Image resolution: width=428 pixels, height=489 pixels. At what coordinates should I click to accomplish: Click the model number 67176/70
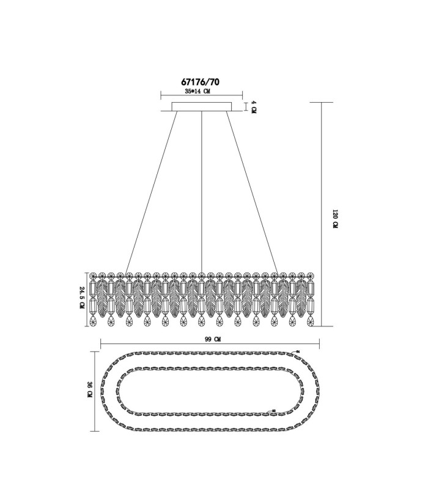coord(201,82)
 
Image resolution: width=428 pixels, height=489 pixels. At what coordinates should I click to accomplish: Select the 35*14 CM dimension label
coord(197,91)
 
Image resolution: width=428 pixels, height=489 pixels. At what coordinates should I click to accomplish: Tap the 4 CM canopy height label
coord(253,107)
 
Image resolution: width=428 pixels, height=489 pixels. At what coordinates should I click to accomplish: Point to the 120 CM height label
coord(335,219)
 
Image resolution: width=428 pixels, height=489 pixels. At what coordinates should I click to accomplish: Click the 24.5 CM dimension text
coord(83,298)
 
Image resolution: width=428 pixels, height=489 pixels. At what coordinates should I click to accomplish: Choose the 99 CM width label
coord(213,340)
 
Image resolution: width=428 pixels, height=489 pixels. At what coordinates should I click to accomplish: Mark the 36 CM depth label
coord(90,389)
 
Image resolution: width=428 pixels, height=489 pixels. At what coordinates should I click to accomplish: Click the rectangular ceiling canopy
coord(202,106)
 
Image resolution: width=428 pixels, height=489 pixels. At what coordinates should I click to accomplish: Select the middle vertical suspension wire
coord(202,192)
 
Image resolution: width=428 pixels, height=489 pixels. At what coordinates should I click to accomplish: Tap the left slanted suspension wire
coord(151,192)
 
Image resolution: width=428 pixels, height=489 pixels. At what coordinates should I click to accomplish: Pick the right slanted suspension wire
coord(252,192)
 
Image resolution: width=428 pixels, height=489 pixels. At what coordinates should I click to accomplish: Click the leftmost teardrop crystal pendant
coord(93,321)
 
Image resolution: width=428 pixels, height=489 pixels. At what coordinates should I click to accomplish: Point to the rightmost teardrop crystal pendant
coord(310,321)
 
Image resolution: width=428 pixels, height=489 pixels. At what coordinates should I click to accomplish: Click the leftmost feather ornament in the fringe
coord(101,298)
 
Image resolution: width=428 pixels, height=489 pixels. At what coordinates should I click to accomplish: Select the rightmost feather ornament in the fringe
coord(301,298)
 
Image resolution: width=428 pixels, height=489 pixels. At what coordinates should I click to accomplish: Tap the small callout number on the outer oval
coord(298,351)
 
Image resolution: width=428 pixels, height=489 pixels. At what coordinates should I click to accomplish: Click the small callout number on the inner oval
coord(274,411)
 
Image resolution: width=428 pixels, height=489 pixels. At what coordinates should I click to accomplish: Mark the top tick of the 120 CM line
coord(322,102)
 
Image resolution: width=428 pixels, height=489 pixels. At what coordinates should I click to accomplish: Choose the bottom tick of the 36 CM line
coord(95,431)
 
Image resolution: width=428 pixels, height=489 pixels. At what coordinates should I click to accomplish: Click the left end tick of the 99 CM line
coord(101,344)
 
